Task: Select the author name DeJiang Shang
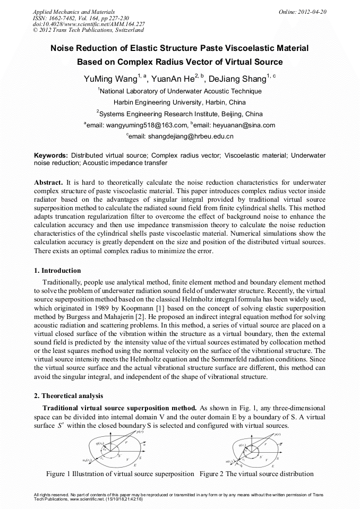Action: (x=237, y=80)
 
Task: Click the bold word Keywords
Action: (x=51, y=156)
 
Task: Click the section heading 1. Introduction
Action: (x=58, y=271)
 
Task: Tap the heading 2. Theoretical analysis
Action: (x=69, y=396)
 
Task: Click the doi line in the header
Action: (x=89, y=24)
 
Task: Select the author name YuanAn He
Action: (x=171, y=80)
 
